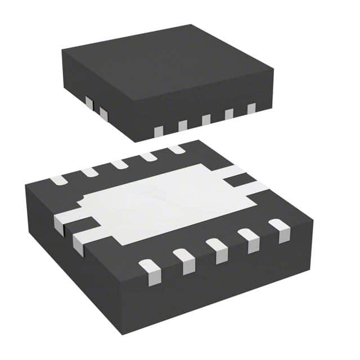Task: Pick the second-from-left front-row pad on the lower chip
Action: tap(183, 259)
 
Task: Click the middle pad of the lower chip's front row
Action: tap(217, 249)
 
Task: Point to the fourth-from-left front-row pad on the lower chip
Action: tap(249, 239)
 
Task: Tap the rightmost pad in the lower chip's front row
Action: tap(279, 229)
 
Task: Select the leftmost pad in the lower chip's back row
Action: tap(58, 181)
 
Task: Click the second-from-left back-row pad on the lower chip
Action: tap(89, 172)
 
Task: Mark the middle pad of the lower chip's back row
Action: tap(119, 164)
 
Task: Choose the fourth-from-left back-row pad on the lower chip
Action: tap(148, 156)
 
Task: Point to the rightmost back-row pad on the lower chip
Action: tap(176, 149)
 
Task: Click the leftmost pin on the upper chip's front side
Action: tap(159, 130)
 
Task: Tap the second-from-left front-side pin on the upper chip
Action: tap(182, 125)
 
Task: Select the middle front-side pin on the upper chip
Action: tap(206, 119)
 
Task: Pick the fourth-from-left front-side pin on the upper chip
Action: tap(229, 114)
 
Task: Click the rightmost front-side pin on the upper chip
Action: tap(251, 108)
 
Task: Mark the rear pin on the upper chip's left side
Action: tap(89, 103)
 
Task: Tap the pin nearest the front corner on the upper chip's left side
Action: tap(103, 114)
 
